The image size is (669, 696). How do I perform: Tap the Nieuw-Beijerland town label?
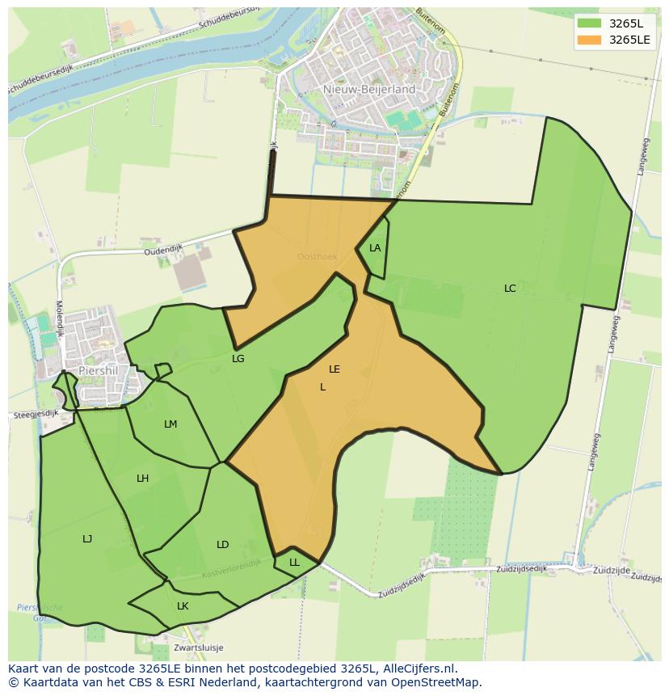coord(368,89)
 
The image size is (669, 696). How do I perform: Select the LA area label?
coord(375,248)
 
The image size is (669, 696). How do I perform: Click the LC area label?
coord(510,288)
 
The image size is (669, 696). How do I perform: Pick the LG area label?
coord(238,358)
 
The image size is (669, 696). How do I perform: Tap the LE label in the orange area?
coord(334,369)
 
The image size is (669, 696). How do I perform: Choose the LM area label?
coord(170,424)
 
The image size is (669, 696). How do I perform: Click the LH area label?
coord(143,479)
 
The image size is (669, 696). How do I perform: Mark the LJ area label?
coord(87,538)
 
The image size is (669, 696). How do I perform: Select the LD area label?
coord(223,544)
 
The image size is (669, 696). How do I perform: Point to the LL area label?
coord(294,562)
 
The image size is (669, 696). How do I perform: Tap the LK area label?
coord(183,605)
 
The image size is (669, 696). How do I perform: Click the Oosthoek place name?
coord(317,257)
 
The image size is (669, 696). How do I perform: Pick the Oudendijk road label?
coord(165,250)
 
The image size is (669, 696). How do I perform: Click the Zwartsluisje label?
coord(198,647)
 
